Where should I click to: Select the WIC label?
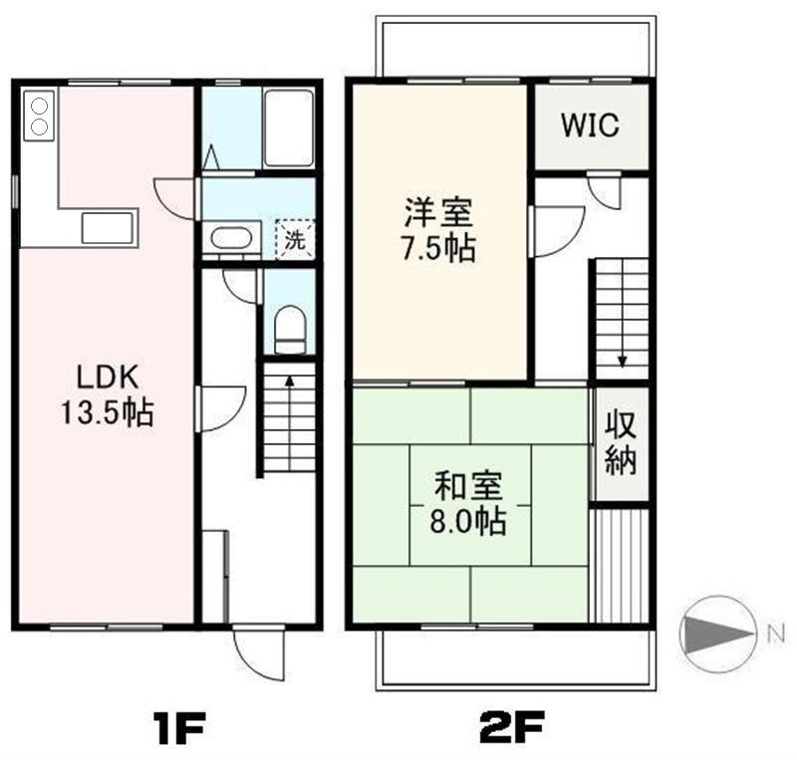point(589,126)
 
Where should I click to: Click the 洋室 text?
point(438,213)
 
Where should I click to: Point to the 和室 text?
point(468,487)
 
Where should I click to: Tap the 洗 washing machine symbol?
point(295,239)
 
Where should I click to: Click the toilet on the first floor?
point(289,328)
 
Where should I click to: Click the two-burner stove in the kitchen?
point(39,115)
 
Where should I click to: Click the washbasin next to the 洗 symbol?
point(232,239)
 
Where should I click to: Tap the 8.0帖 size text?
point(468,521)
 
